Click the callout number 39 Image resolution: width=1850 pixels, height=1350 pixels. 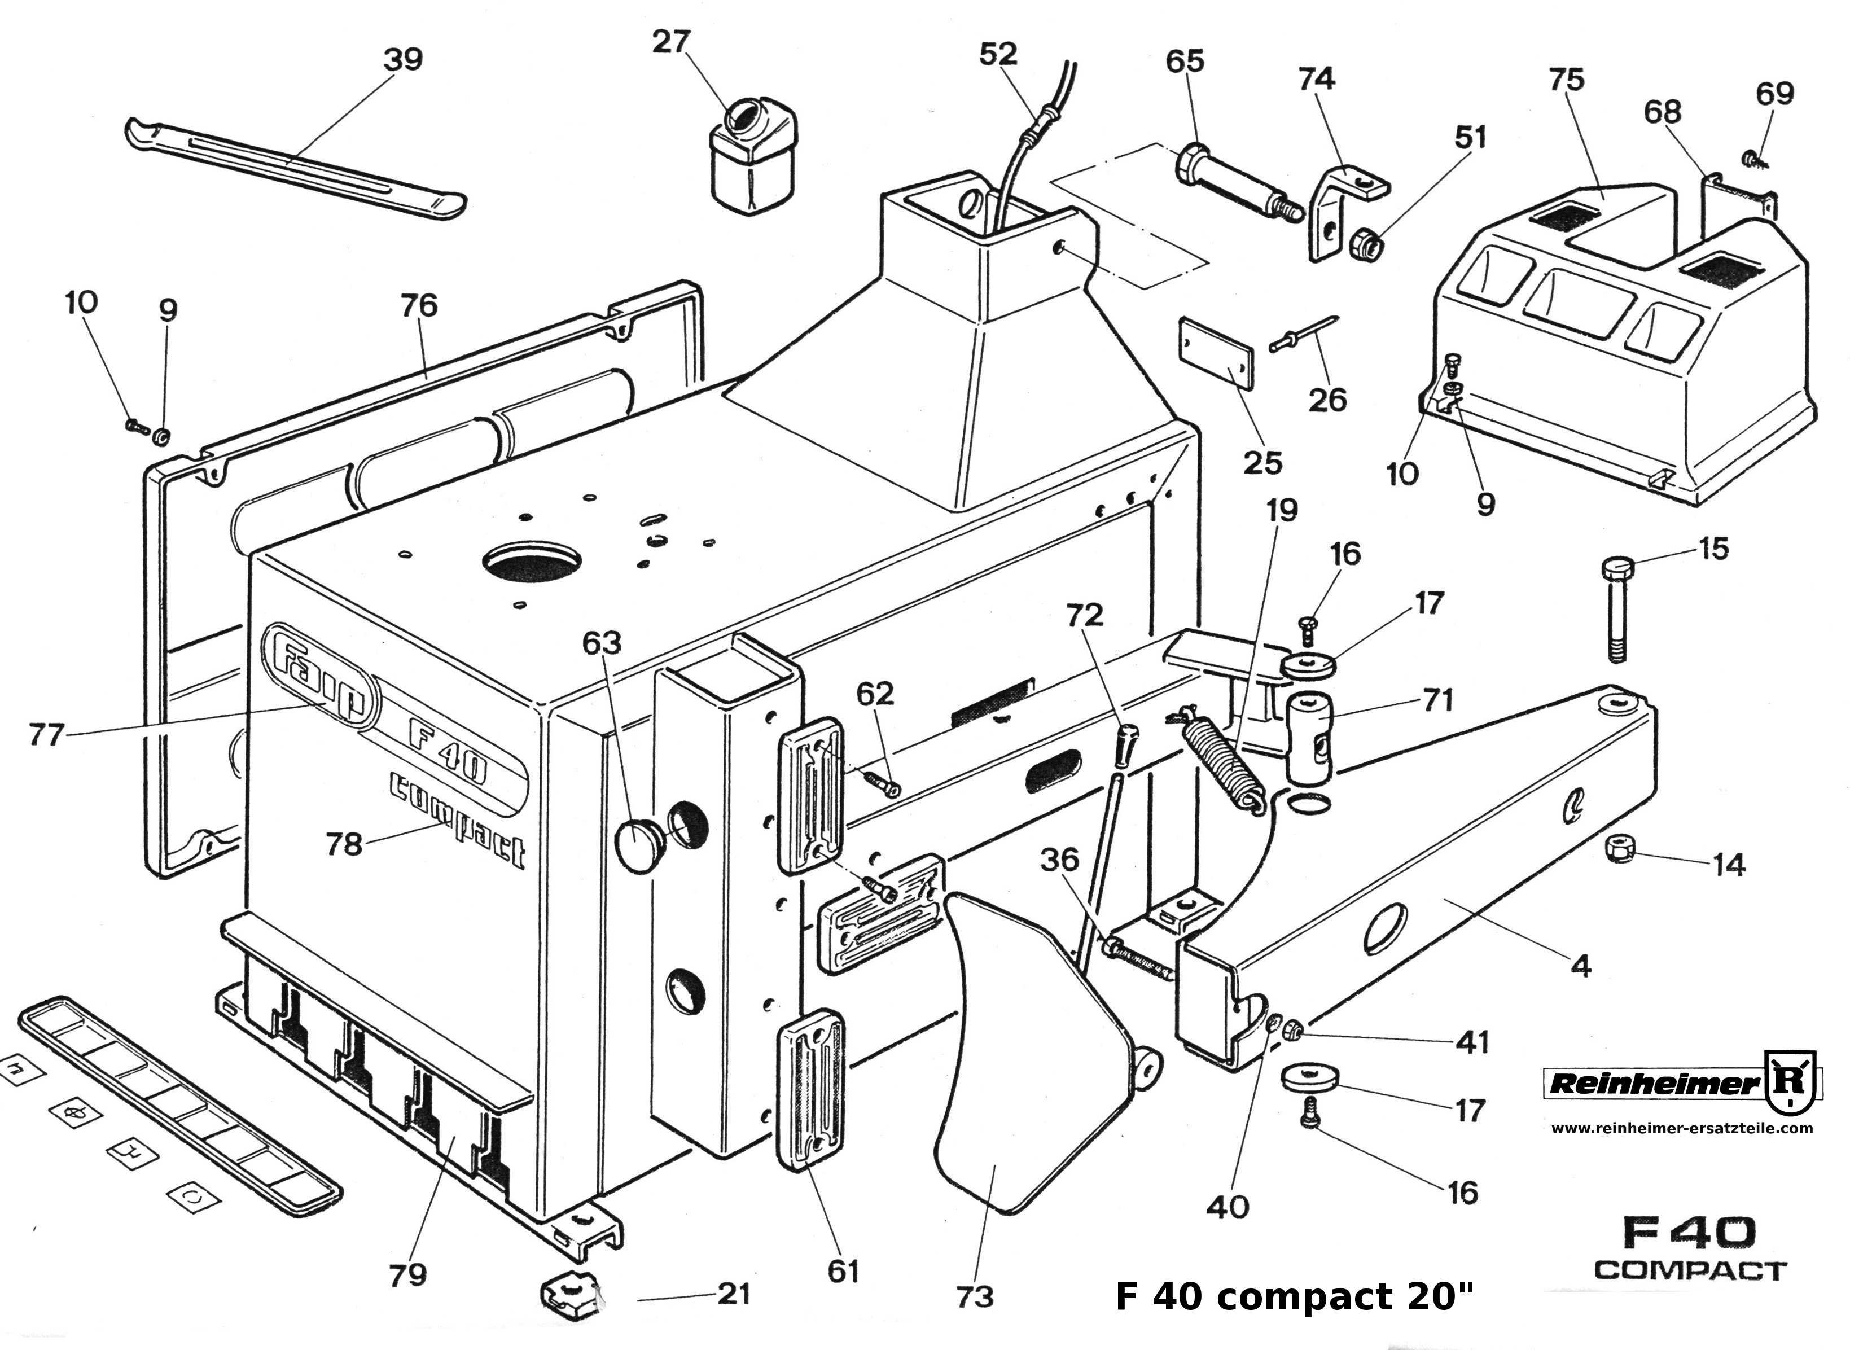point(403,60)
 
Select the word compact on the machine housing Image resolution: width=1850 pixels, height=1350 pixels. point(458,817)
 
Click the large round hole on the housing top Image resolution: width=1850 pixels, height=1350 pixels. point(532,563)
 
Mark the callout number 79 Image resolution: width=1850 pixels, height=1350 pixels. point(407,1274)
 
